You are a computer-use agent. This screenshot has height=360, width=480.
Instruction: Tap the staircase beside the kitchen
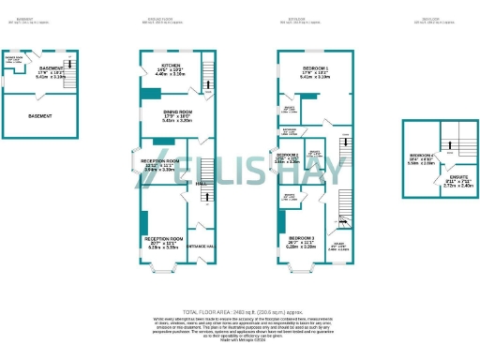pyautogui.click(x=207, y=83)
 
